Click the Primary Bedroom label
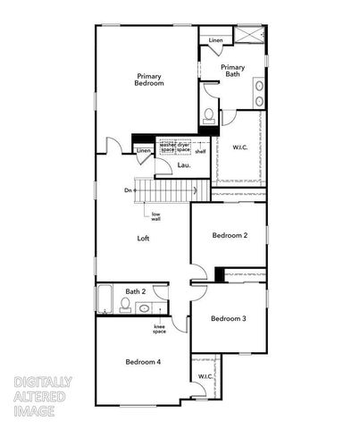point(149,79)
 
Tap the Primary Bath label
point(232,71)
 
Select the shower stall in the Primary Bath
point(249,37)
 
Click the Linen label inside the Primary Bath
point(216,41)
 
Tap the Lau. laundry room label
point(183,165)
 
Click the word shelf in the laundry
point(200,151)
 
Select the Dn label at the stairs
point(129,190)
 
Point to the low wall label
point(155,216)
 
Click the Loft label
point(143,239)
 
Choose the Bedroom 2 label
point(230,235)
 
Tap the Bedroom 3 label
point(229,318)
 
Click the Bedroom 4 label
point(143,361)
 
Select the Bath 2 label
point(135,291)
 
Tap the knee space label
point(159,329)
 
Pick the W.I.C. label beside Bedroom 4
point(205,376)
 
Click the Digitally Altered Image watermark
point(43,396)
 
